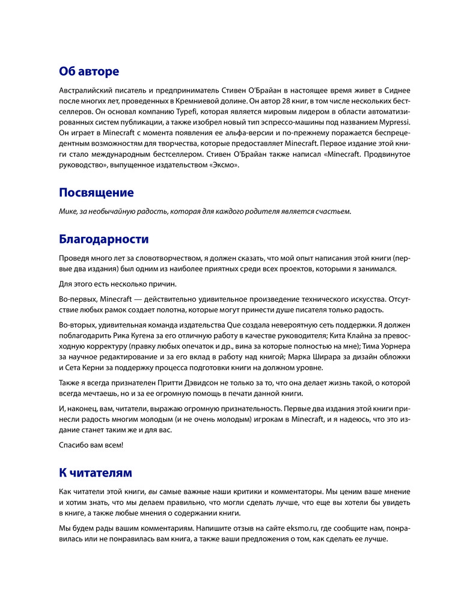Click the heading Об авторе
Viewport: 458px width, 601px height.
[88, 72]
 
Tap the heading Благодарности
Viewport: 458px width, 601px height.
[103, 239]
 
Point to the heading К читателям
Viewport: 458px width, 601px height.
[95, 472]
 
